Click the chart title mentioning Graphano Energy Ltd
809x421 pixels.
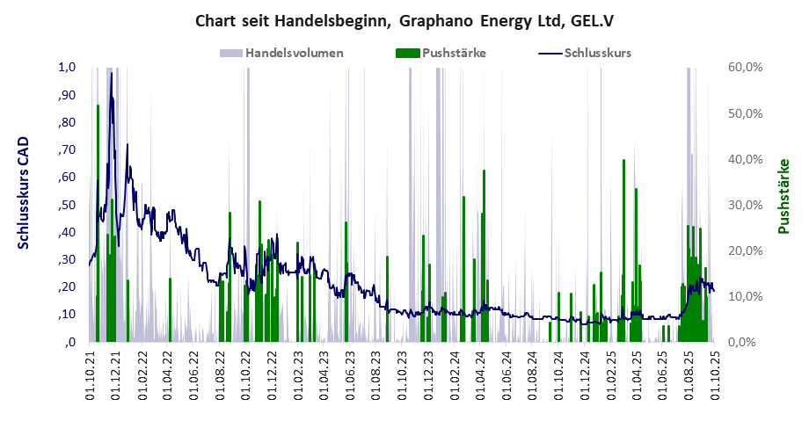(404, 19)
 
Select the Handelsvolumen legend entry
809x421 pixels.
(295, 53)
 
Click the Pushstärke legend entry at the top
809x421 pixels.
(454, 53)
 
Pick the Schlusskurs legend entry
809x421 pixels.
(595, 53)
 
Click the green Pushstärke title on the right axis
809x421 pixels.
(783, 196)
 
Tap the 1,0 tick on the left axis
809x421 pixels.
(67, 68)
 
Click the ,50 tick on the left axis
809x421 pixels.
(67, 205)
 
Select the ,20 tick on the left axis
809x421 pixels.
(67, 287)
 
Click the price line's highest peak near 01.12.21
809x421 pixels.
(111, 73)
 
